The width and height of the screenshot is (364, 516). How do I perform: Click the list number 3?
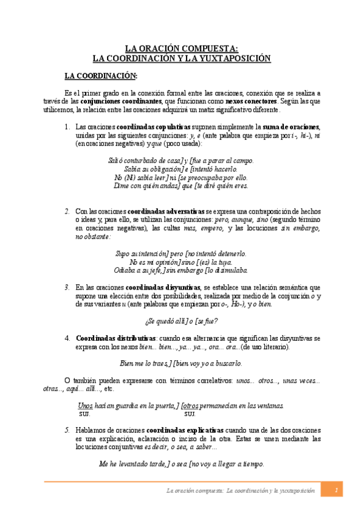pos(67,287)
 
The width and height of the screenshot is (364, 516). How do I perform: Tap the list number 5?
pos(67,429)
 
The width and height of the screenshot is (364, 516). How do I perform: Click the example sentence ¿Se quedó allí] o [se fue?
pos(182,321)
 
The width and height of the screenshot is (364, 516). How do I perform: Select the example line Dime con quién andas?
pos(181,186)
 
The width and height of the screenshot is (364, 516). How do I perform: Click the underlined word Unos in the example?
pos(85,405)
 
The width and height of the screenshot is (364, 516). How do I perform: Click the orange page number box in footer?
pos(335,490)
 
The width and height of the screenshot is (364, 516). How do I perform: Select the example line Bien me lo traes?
pos(181,363)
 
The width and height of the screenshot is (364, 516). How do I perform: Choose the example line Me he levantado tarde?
pos(181,464)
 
